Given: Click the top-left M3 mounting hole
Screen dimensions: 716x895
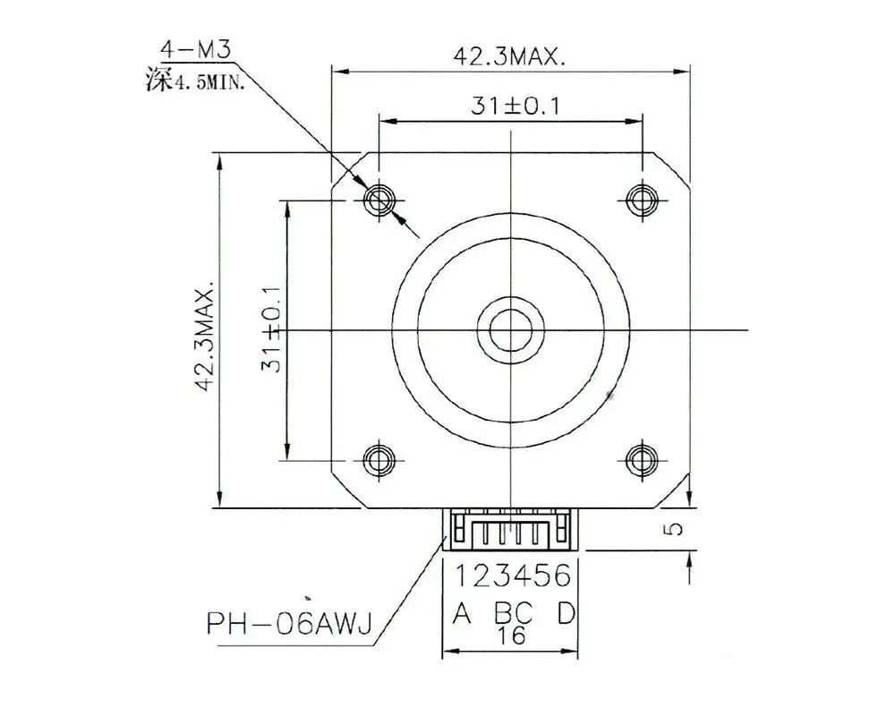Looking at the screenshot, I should point(379,199).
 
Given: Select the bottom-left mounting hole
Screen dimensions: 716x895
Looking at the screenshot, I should point(379,458).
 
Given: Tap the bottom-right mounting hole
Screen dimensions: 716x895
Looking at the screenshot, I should point(641,458).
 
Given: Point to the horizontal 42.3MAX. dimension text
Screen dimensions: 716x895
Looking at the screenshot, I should point(509,57).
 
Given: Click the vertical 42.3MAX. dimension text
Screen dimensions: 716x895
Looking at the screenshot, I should point(207,339).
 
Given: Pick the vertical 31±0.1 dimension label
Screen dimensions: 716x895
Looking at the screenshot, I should point(272,329).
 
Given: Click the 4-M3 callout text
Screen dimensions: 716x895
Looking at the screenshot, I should point(195,49).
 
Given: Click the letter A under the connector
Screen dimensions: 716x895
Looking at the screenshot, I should point(462,613).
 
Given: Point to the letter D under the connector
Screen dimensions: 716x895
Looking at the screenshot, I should point(566,613).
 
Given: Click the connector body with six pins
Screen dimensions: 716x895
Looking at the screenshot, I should point(509,530).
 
